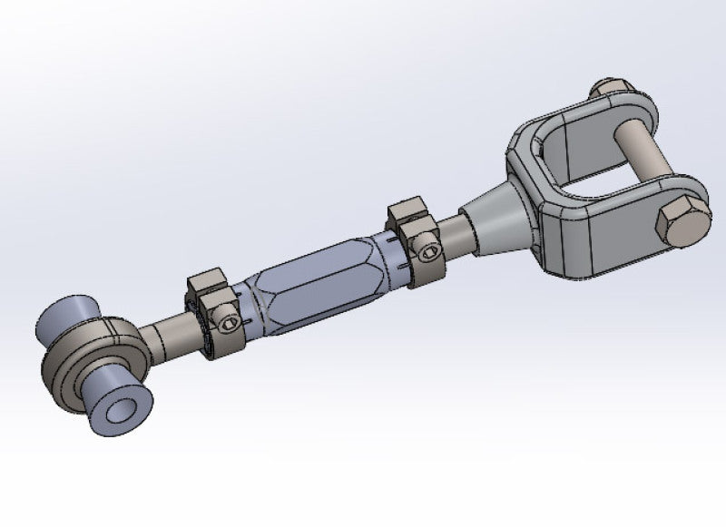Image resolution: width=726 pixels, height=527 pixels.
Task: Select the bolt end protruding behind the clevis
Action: pos(601,91)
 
